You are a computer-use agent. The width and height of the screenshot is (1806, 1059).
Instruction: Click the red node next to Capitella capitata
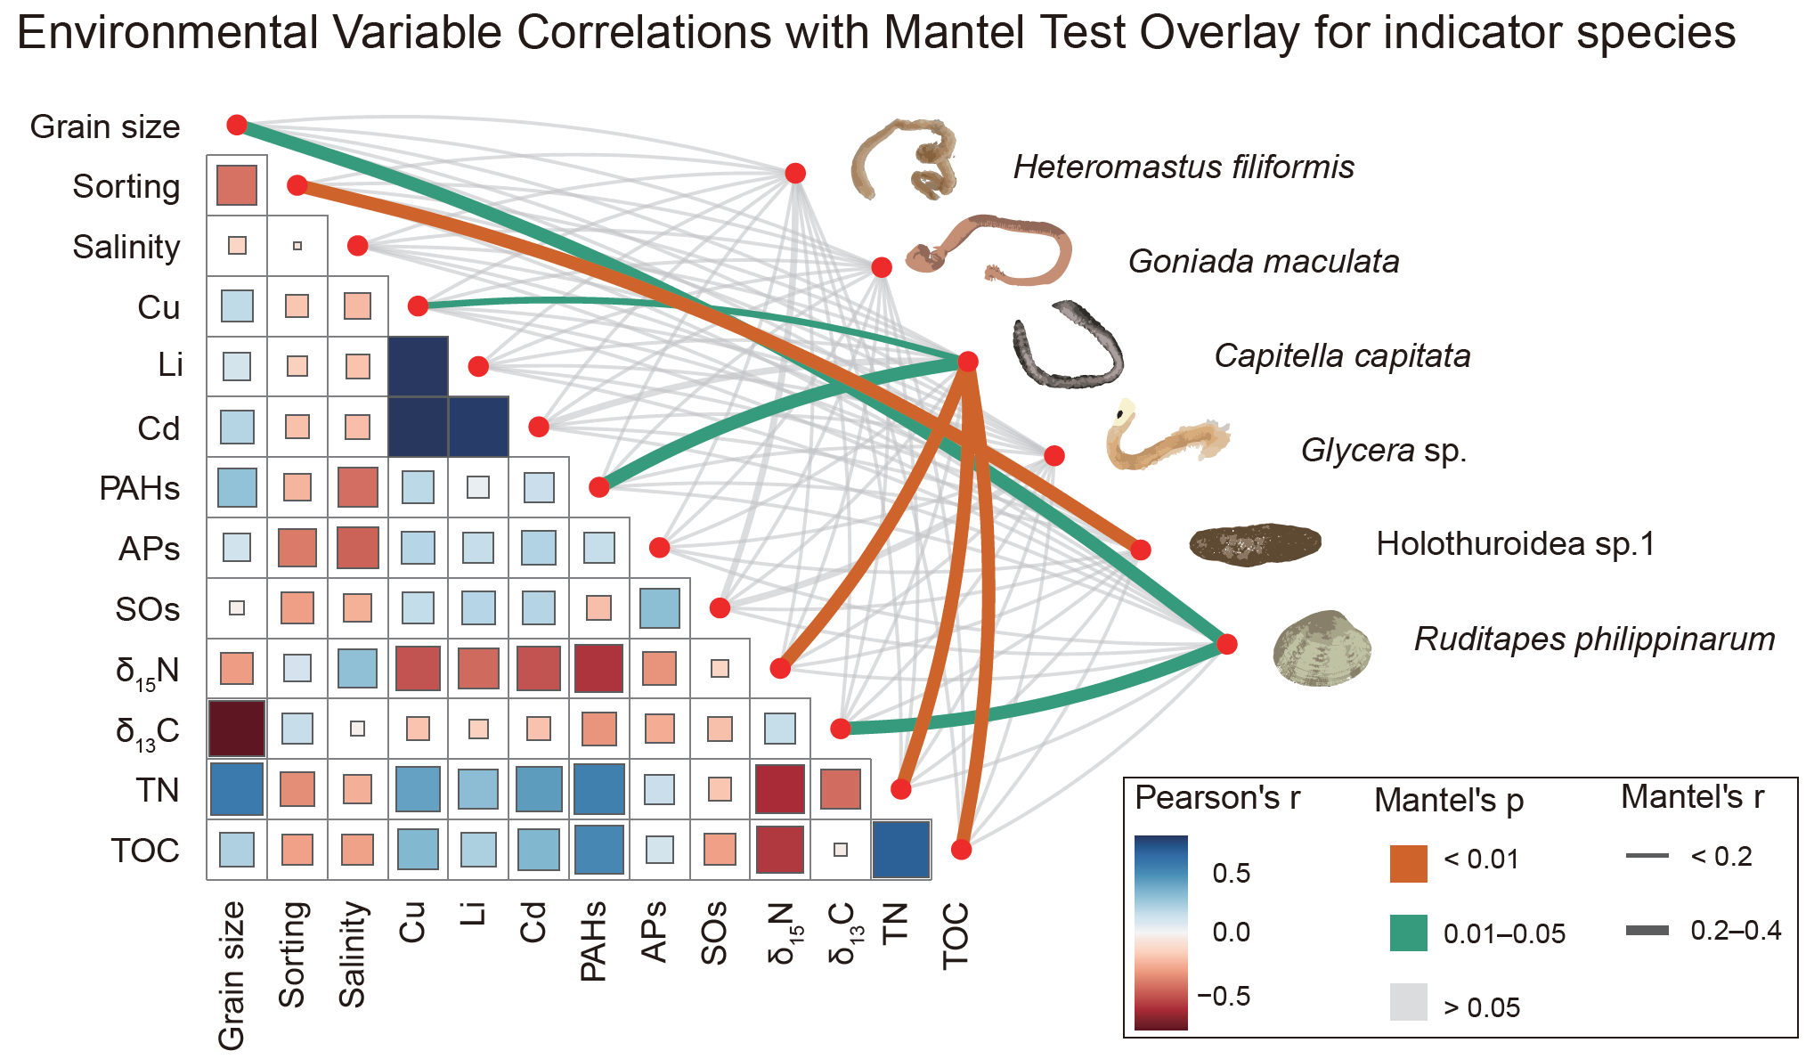pyautogui.click(x=968, y=362)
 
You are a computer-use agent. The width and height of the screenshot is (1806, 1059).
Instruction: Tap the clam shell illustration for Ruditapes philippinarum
pyautogui.click(x=1322, y=648)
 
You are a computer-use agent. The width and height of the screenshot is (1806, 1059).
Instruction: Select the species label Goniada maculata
pyautogui.click(x=1263, y=262)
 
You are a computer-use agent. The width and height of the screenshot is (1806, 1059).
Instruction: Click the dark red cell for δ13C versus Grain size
pyautogui.click(x=237, y=729)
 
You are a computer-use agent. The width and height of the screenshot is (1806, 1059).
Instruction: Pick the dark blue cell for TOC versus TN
pyautogui.click(x=901, y=850)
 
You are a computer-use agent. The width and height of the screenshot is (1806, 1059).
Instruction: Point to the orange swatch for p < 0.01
pyautogui.click(x=1408, y=863)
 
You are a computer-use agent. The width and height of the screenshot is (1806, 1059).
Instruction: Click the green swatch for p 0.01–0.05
pyautogui.click(x=1408, y=933)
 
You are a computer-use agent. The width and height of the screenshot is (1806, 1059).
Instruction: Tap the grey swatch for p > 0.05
pyautogui.click(x=1408, y=1001)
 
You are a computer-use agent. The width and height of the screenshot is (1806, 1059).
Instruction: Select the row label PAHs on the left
pyautogui.click(x=140, y=489)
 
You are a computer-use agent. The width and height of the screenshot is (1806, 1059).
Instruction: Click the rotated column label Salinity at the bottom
pyautogui.click(x=353, y=954)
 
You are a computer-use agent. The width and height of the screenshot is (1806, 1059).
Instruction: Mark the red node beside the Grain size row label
pyautogui.click(x=237, y=125)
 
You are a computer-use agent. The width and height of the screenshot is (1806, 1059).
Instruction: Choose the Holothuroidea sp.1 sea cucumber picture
pyautogui.click(x=1255, y=544)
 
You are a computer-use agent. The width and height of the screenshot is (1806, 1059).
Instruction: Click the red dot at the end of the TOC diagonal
pyautogui.click(x=961, y=850)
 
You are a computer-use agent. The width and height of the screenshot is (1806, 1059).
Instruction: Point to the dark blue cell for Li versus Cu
pyautogui.click(x=419, y=366)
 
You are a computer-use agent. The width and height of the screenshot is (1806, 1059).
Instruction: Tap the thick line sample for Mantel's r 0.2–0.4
pyautogui.click(x=1647, y=931)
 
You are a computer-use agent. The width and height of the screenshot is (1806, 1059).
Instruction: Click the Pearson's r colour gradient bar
pyautogui.click(x=1160, y=932)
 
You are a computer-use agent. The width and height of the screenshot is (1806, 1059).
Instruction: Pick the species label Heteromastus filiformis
pyautogui.click(x=1183, y=167)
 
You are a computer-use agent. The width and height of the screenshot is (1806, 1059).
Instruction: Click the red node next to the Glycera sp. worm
pyautogui.click(x=1054, y=456)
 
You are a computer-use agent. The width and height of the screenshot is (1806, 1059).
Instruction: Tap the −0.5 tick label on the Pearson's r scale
pyautogui.click(x=1224, y=996)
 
